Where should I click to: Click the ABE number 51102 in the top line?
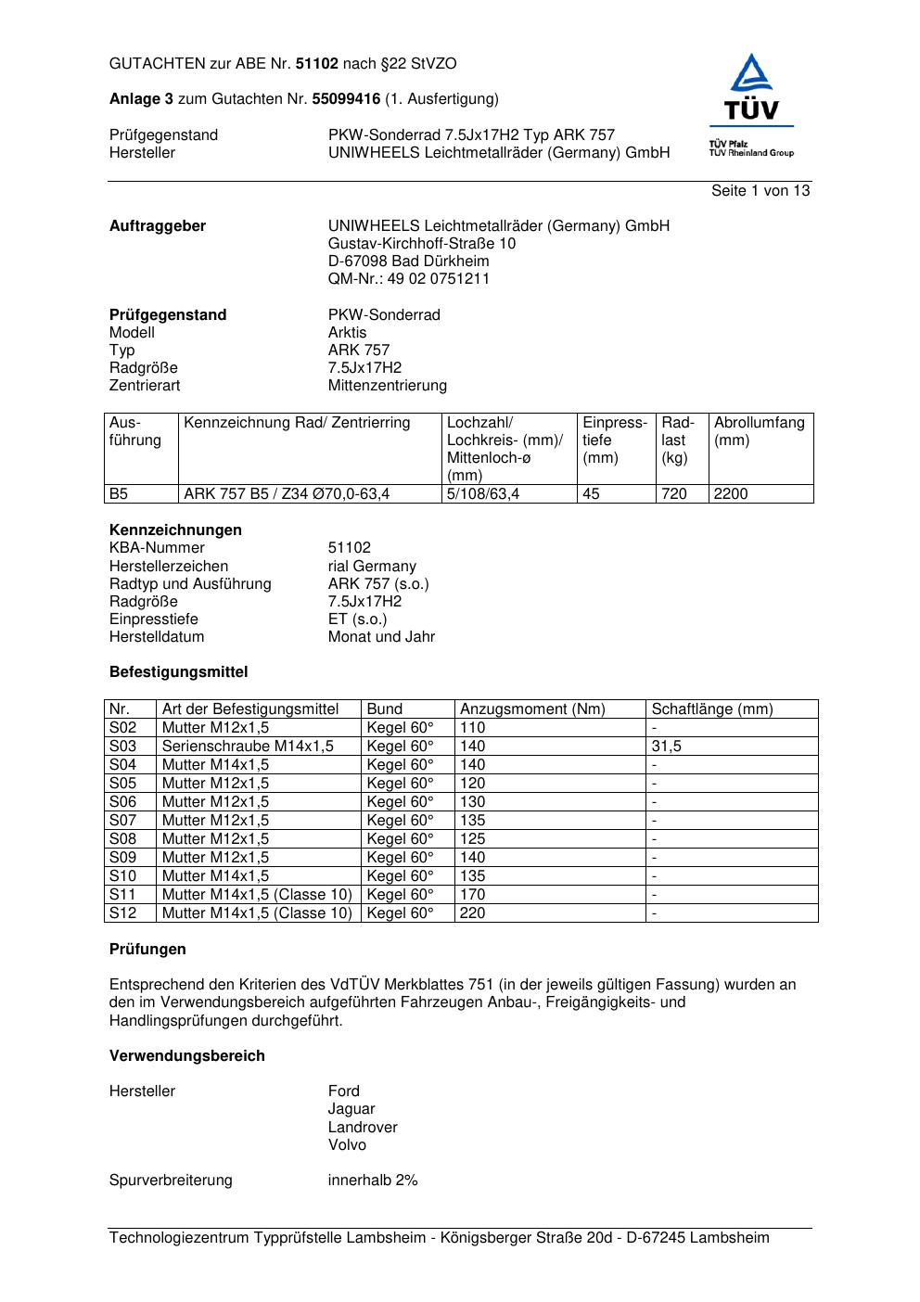(x=317, y=64)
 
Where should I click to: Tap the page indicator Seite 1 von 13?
(x=760, y=191)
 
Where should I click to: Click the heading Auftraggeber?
(x=158, y=226)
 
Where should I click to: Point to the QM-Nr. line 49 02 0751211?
(x=409, y=279)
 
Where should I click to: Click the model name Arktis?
(x=347, y=333)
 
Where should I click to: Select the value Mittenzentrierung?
(x=387, y=386)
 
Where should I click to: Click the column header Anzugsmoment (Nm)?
(x=532, y=709)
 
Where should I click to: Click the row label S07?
(x=122, y=821)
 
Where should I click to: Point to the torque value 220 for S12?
(x=472, y=913)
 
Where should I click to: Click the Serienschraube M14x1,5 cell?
(x=248, y=747)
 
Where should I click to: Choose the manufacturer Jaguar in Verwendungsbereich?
(x=351, y=1109)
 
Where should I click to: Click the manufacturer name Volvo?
(x=347, y=1145)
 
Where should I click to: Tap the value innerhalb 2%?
(x=373, y=1181)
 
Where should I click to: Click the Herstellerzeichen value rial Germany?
(x=372, y=567)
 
